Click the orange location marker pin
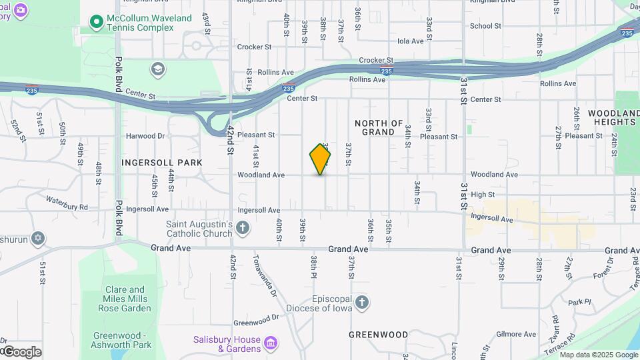click(321, 159)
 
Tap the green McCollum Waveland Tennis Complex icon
click(97, 23)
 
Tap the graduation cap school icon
click(157, 69)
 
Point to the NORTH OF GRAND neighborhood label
click(379, 127)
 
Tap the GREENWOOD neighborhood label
click(378, 334)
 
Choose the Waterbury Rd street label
click(67, 203)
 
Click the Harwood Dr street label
click(145, 136)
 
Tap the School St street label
click(485, 26)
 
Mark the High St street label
click(482, 195)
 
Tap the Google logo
click(21, 351)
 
